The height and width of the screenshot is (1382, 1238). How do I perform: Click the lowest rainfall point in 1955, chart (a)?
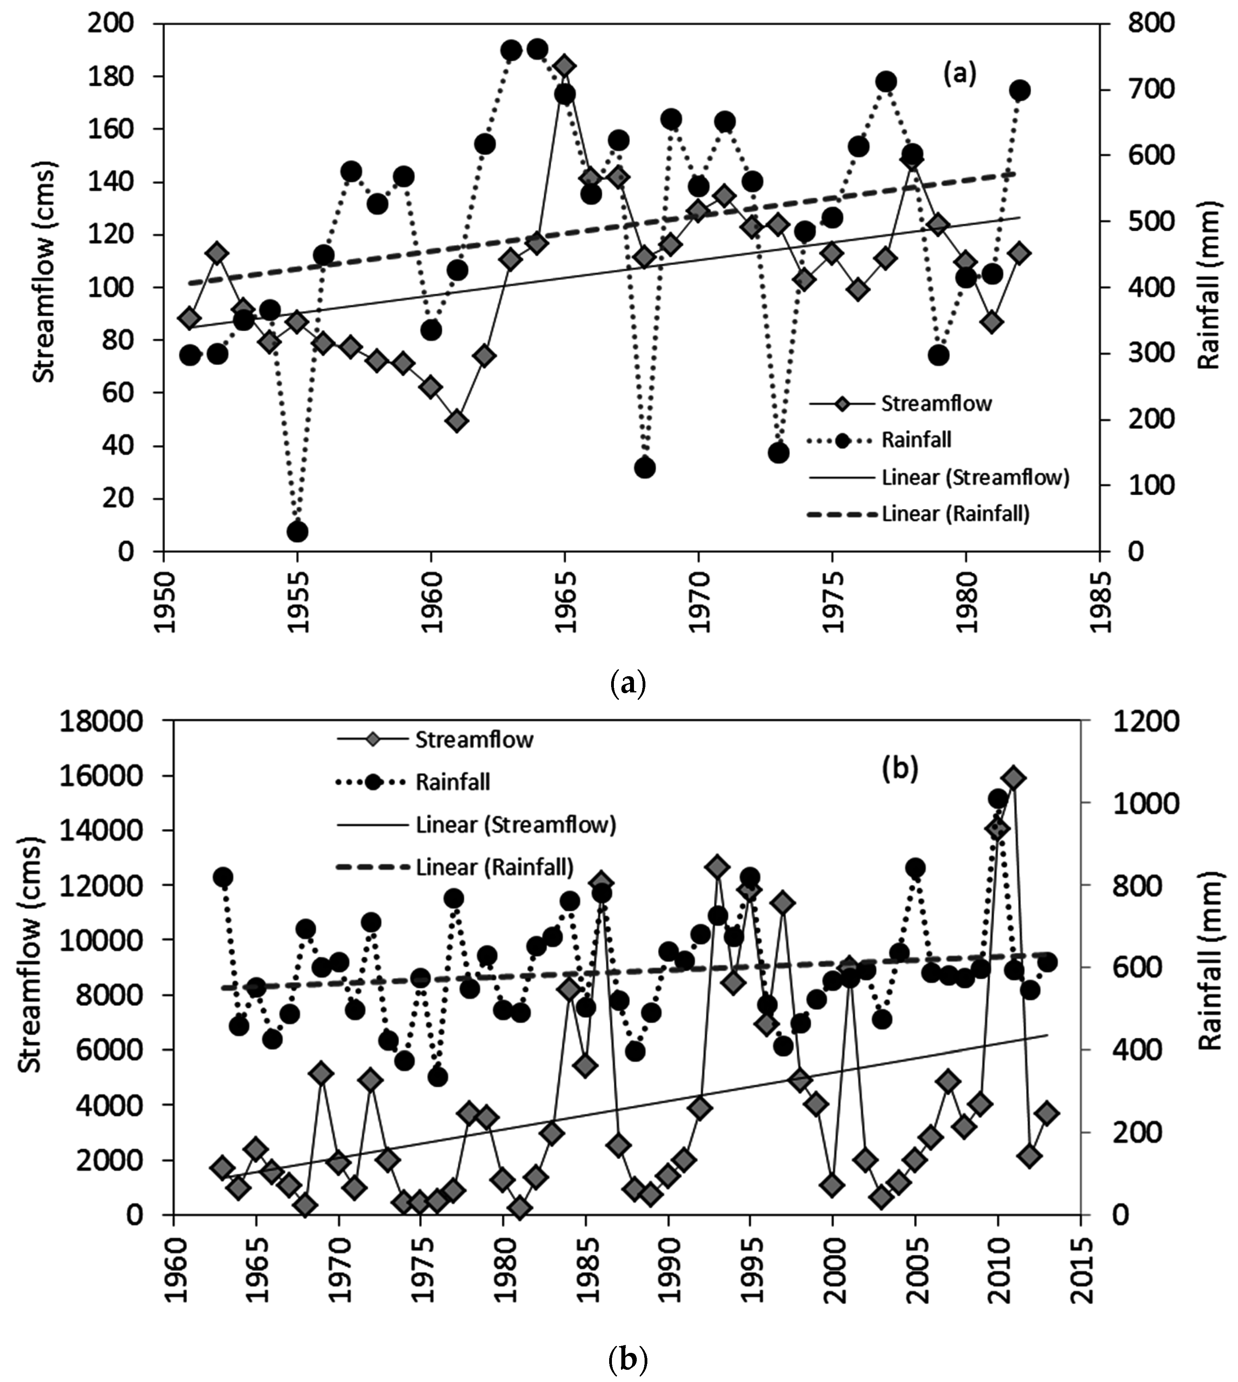297,532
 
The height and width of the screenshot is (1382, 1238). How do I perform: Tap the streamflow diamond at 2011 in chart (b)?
1013,778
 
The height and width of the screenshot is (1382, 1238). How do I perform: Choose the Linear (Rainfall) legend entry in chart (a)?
955,514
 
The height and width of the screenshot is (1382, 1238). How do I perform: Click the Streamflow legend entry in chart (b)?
474,740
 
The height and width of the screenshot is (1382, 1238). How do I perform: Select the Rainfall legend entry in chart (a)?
916,440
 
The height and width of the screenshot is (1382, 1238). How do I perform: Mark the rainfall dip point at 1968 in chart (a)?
645,468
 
